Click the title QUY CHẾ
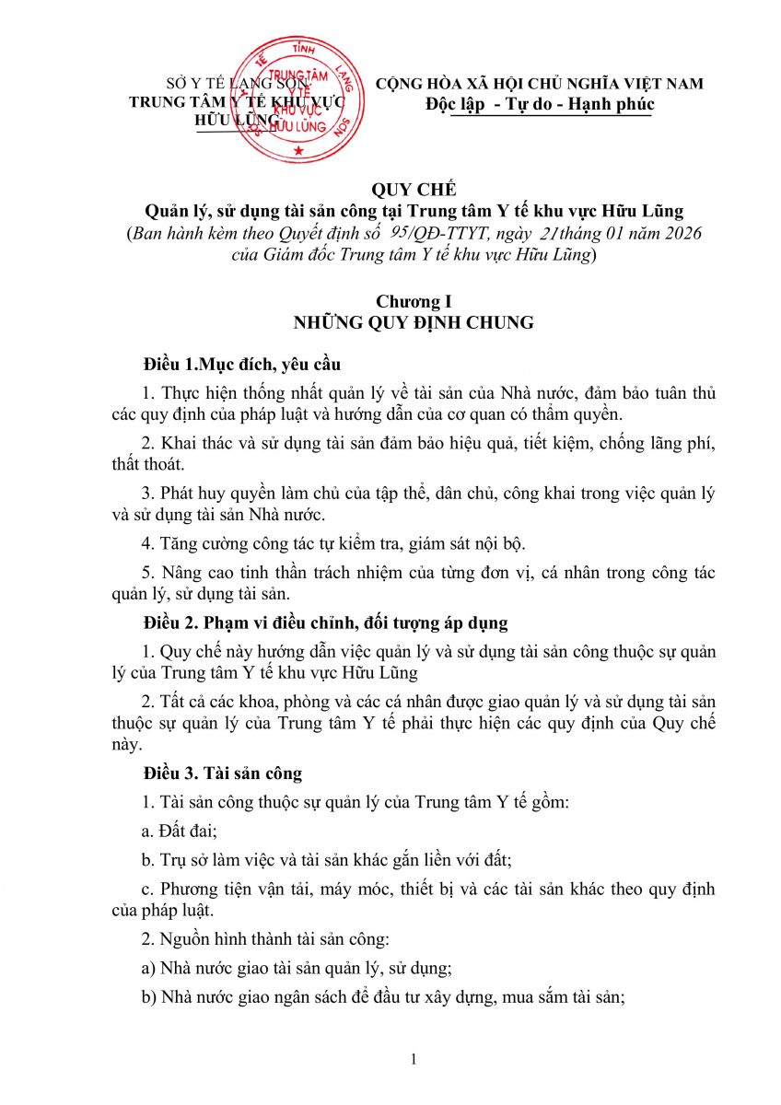pyautogui.click(x=401, y=191)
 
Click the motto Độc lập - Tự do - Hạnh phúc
pyautogui.click(x=540, y=104)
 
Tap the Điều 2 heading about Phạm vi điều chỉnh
pyautogui.click(x=324, y=623)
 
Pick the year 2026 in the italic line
pyautogui.click(x=675, y=234)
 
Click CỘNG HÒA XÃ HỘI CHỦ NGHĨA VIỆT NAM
pyautogui.click(x=540, y=84)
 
